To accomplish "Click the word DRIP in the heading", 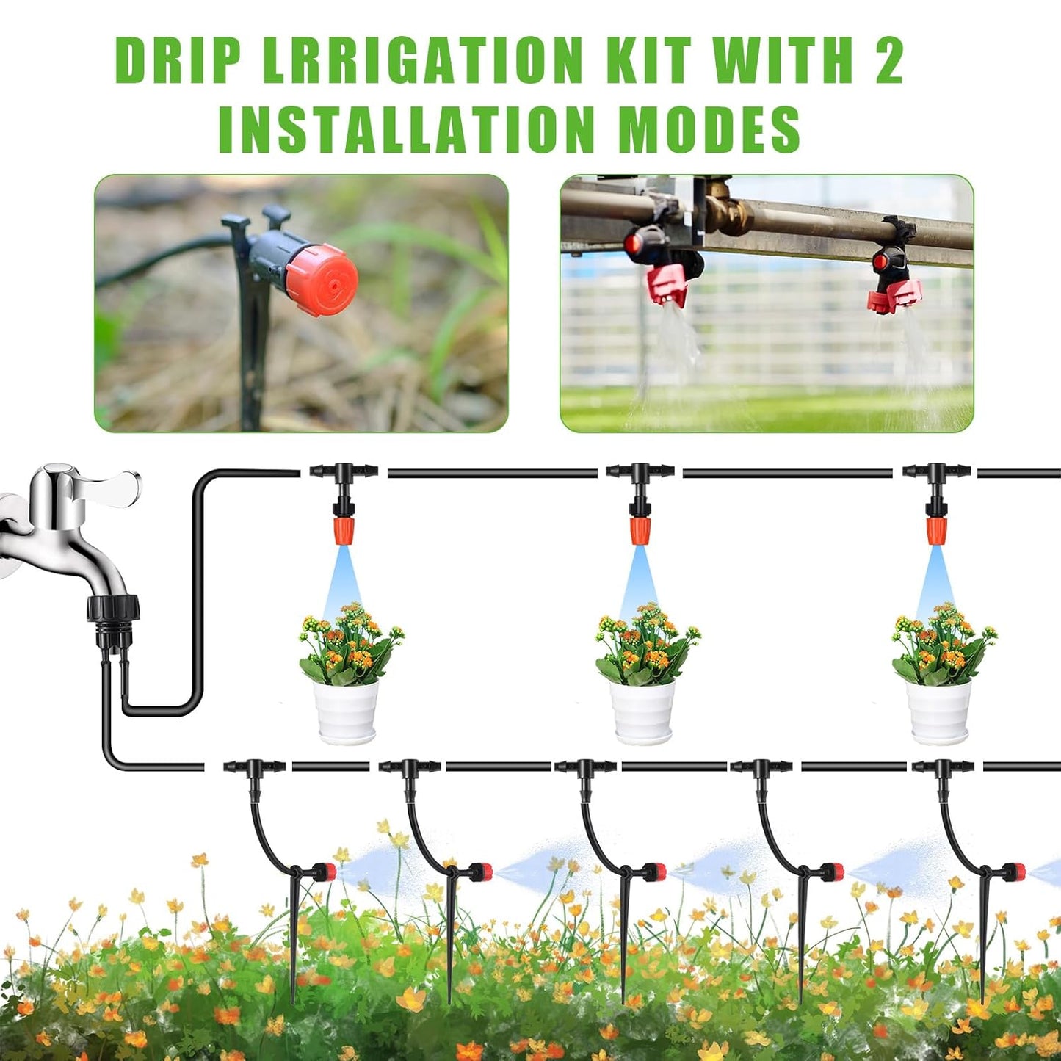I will (x=178, y=60).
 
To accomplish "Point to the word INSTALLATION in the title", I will (x=406, y=129).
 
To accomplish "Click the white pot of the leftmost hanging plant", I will (x=346, y=710).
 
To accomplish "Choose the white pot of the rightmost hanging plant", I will (x=938, y=710).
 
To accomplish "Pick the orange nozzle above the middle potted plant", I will (x=640, y=530).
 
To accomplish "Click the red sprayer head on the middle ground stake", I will (x=656, y=872).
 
